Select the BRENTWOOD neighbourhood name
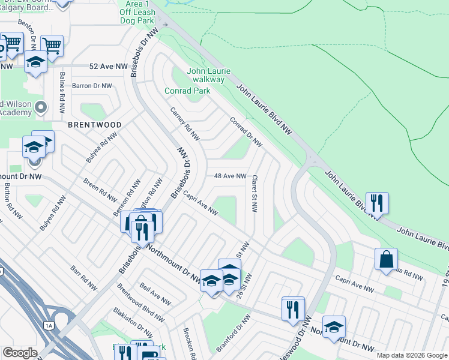94,125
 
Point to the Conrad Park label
188,91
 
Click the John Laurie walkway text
205,75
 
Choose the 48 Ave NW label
231,176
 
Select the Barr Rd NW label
83,278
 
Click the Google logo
19,353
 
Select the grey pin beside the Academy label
41,107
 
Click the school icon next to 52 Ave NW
35,62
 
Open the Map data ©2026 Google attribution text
411,355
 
